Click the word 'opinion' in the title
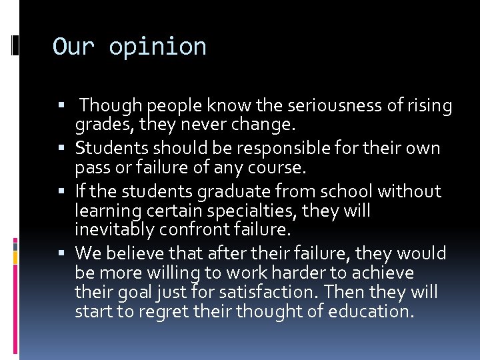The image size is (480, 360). pos(157,47)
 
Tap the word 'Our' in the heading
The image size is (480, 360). pos(74,47)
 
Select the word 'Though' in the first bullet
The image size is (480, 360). pos(113,106)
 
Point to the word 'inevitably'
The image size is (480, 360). pos(117,230)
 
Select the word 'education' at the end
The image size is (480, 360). pos(365,311)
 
